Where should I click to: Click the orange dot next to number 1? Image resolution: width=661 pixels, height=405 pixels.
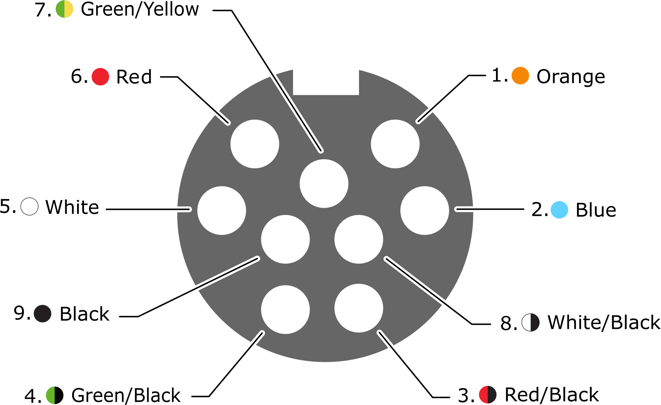pos(520,76)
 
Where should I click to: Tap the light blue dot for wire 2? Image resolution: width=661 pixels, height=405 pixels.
pos(559,210)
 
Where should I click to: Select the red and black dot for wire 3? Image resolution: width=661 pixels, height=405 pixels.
pos(488,394)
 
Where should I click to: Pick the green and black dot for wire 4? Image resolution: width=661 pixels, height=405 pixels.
pos(55,395)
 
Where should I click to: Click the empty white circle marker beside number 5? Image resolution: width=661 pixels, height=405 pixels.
pos(29,206)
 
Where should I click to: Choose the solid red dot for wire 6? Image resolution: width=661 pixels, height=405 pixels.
pos(101,76)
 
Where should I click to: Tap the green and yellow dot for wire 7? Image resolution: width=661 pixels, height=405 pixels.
pos(64,9)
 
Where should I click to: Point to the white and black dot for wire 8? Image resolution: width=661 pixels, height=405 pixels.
pos(531,322)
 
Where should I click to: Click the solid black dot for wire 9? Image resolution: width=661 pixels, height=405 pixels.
pos(43,314)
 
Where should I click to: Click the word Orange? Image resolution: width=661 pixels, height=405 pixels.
pos(571,77)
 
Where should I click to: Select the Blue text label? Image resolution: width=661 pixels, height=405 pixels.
pos(596,210)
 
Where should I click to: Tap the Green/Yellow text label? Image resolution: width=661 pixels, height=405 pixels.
pos(140,9)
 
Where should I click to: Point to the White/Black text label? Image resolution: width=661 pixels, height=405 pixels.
pos(604,322)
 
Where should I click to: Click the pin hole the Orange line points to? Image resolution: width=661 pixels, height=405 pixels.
pos(395,144)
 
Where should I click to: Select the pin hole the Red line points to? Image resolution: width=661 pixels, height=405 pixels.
pos(255,144)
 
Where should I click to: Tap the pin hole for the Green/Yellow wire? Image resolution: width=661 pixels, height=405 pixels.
pos(324,184)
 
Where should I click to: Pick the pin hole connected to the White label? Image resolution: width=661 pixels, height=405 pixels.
pos(222,211)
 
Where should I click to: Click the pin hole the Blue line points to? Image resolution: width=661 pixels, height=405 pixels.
pos(425,211)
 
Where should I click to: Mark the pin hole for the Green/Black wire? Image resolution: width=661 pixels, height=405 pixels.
pos(285,310)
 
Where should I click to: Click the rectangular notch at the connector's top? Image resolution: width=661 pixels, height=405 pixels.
pos(326,82)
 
